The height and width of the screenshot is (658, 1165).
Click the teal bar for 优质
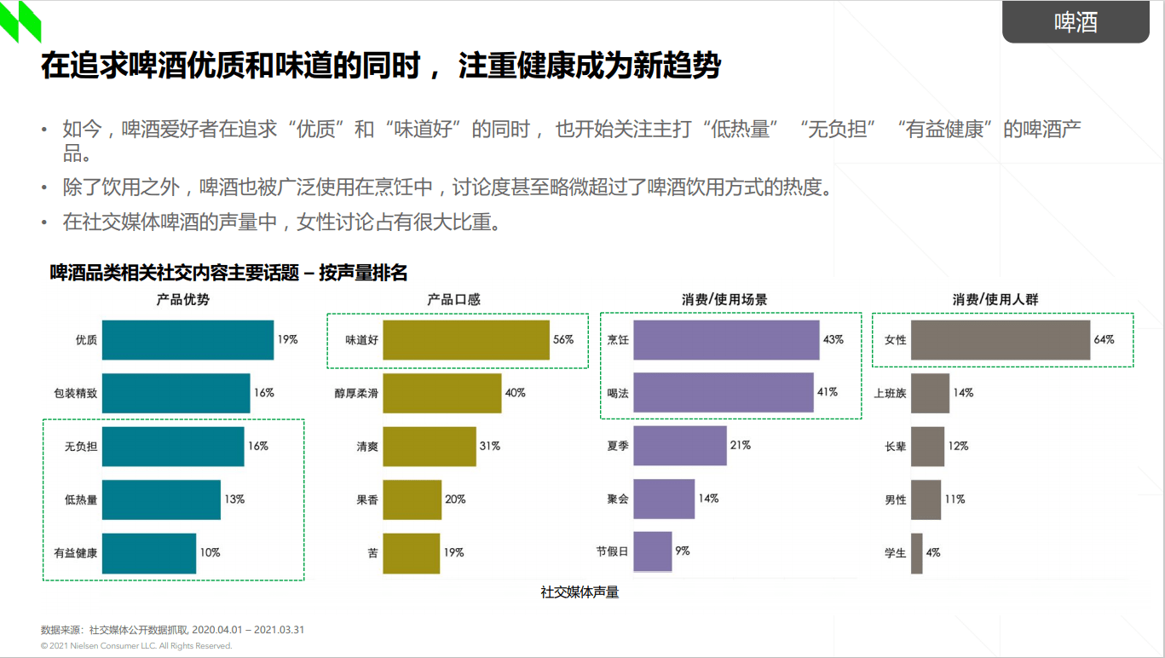(x=187, y=340)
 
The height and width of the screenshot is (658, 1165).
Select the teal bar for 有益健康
(x=149, y=553)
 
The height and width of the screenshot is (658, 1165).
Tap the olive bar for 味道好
(x=466, y=340)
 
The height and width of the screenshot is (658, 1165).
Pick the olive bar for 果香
(x=412, y=499)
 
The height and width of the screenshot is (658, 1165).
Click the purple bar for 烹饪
(x=726, y=340)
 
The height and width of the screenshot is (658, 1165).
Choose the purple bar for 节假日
(x=653, y=551)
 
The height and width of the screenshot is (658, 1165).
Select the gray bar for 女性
(x=1001, y=340)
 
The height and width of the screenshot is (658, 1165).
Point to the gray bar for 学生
(x=917, y=553)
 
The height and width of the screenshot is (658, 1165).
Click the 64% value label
(x=1104, y=340)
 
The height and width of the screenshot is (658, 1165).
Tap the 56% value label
(x=563, y=340)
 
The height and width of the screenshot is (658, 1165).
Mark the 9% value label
(x=683, y=551)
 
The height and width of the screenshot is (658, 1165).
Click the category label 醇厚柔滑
(x=356, y=394)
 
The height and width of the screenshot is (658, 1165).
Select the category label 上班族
(x=890, y=394)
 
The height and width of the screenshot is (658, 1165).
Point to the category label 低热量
(x=81, y=500)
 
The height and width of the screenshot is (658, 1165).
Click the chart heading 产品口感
(x=453, y=300)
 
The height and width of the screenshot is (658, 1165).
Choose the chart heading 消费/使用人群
(x=995, y=300)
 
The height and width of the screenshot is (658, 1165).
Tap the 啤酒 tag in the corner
(x=1076, y=23)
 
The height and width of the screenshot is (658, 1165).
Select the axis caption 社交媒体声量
(x=580, y=592)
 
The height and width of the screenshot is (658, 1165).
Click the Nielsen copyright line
(x=136, y=646)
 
